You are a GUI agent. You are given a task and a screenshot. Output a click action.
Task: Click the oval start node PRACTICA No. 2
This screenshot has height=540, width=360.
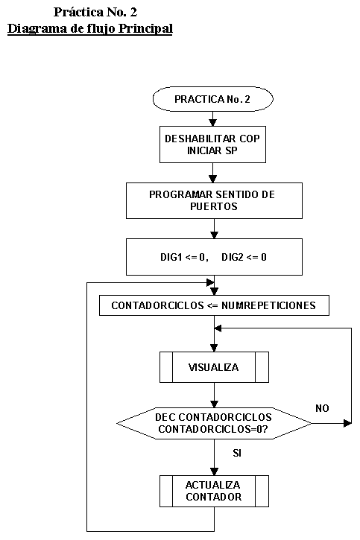(213, 99)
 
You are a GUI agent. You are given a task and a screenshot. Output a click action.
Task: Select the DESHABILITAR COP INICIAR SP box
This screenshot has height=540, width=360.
(212, 144)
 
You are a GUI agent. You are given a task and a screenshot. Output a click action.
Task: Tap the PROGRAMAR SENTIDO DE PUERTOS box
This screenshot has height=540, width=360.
(214, 200)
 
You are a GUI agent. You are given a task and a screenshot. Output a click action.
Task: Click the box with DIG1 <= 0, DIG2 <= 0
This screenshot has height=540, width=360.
(214, 257)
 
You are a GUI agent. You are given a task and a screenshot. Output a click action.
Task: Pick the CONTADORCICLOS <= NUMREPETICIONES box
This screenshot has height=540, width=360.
(214, 305)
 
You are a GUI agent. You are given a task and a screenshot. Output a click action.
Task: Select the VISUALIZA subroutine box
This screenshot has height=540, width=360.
(214, 367)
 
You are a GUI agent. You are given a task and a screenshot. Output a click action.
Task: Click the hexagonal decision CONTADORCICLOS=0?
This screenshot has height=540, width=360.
(214, 423)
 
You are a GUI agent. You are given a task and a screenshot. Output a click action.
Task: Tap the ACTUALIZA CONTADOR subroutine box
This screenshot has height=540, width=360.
(214, 491)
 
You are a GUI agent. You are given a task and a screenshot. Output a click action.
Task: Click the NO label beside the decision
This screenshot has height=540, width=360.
(322, 408)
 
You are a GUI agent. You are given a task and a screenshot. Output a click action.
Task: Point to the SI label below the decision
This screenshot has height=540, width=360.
(237, 453)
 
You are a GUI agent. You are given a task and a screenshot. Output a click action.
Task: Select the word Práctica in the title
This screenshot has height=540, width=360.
(78, 12)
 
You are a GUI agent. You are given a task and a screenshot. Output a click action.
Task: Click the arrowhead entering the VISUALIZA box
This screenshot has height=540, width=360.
(214, 348)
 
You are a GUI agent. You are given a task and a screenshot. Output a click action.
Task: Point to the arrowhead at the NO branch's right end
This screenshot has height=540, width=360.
(347, 423)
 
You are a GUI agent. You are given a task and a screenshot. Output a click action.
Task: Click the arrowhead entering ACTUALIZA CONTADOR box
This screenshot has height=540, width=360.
(214, 471)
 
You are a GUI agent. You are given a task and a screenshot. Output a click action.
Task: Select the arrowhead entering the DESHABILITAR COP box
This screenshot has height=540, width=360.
(213, 122)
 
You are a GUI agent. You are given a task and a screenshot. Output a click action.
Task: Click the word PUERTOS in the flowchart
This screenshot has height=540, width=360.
(214, 206)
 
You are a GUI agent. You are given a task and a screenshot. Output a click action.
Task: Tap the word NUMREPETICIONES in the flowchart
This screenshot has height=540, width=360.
(268, 305)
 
